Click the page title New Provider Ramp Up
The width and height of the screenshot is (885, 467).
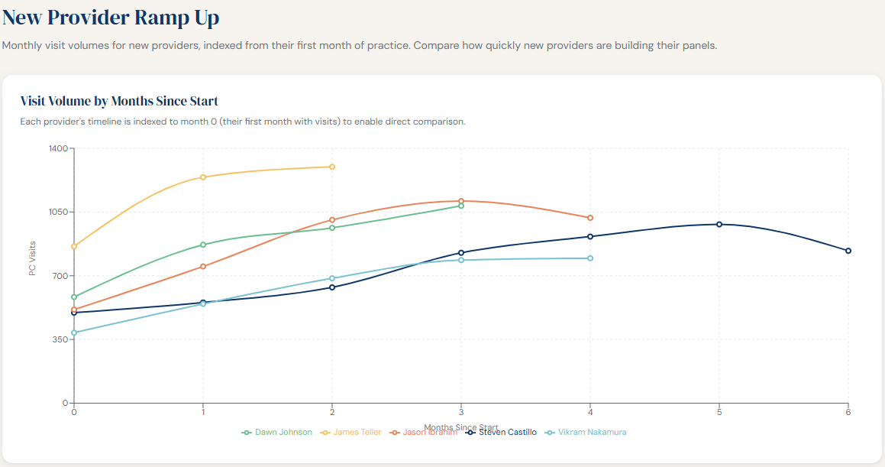(111, 18)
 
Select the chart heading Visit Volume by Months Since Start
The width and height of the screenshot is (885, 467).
(119, 101)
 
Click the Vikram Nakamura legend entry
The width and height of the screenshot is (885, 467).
(586, 433)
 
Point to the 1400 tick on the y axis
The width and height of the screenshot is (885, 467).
(58, 148)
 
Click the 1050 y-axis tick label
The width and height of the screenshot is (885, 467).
(58, 212)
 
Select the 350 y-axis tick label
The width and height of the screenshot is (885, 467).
(60, 339)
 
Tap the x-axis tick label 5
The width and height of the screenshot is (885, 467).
(719, 413)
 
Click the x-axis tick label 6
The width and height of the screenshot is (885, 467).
(848, 413)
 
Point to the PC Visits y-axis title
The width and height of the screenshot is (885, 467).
(33, 258)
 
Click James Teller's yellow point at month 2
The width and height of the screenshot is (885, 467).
(332, 167)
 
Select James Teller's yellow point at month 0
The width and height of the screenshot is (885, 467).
(74, 246)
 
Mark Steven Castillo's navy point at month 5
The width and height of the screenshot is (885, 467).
(719, 225)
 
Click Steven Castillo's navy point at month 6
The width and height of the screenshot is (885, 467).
(848, 251)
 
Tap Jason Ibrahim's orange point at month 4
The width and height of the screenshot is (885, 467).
(590, 218)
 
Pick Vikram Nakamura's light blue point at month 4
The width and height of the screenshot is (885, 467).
(590, 258)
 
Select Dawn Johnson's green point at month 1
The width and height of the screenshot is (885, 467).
(203, 245)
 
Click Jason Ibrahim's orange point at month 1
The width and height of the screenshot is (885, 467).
(203, 267)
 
